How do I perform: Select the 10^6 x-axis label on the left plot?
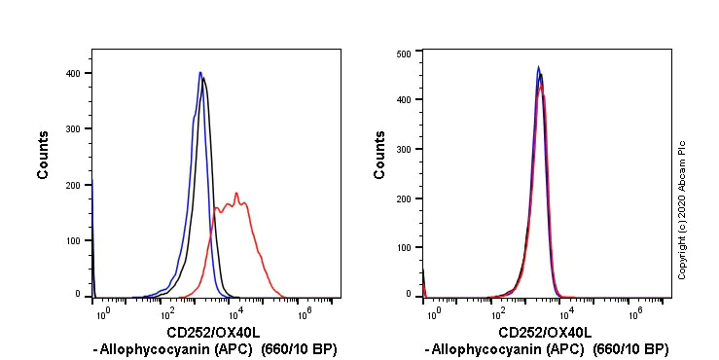tap(303, 312)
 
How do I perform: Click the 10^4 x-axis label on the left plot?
tap(234, 312)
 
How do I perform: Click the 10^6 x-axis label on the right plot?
tap(634, 312)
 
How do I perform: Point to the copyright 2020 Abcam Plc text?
tap(682, 210)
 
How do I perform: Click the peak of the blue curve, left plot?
tap(199, 72)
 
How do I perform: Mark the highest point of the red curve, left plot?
tap(236, 193)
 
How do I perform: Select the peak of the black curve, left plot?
tap(203, 78)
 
